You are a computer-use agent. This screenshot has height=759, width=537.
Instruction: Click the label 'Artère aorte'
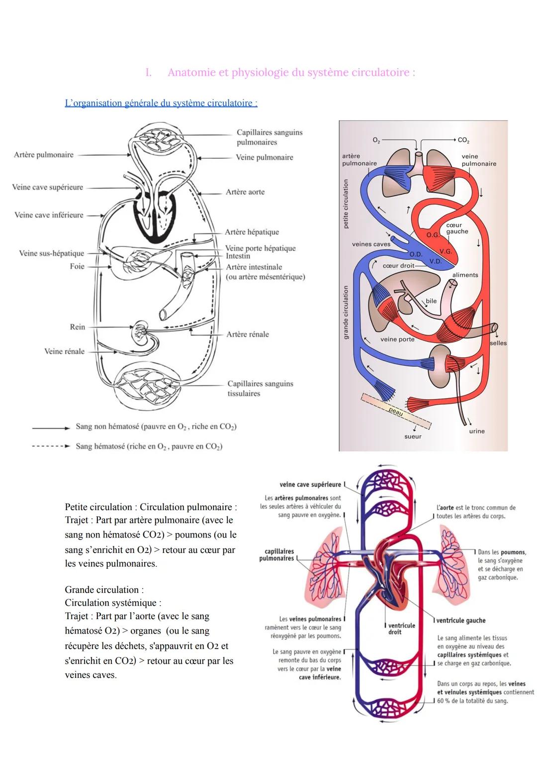pos(245,192)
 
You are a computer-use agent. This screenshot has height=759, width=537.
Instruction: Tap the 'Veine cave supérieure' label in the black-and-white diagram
pos(48,188)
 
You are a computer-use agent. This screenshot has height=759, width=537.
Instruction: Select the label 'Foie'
pos(77,266)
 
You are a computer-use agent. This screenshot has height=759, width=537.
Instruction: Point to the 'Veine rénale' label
pos(64,351)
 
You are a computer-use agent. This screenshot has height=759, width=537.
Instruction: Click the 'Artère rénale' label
pos(248,334)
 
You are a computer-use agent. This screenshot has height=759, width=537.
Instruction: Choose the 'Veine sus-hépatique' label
pos(52,253)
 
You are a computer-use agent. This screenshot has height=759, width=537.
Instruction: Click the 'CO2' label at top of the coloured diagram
pos(463,140)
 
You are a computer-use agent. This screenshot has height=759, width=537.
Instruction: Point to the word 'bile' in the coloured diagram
pos(431,301)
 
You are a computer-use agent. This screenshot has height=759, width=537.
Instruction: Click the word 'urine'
pos(476,431)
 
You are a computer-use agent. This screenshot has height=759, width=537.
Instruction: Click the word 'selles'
pos(498,343)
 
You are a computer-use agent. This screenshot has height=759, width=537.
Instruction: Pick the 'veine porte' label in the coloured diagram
pos(397,339)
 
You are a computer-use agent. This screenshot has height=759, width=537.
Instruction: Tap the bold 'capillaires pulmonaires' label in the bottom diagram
pos(279,555)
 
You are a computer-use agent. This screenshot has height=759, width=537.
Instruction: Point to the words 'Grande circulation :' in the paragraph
pos(104,590)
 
